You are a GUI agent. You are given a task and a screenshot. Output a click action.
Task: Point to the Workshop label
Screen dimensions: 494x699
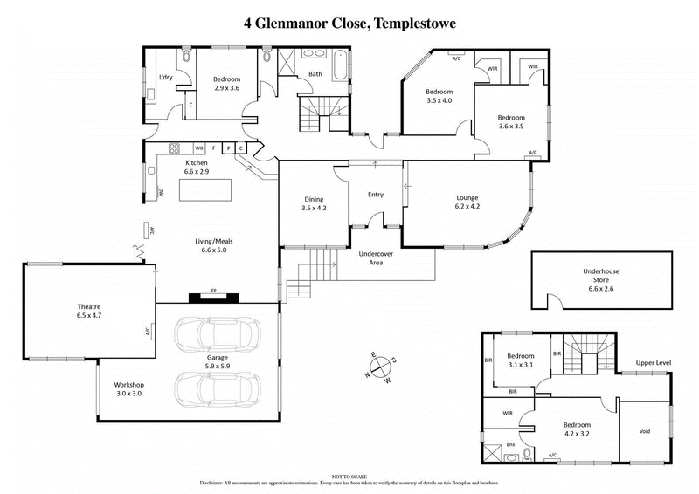pos(128,389)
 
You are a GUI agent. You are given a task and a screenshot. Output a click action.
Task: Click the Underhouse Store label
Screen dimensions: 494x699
pos(600,278)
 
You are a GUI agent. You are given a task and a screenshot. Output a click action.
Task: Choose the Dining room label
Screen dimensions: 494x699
pos(313,203)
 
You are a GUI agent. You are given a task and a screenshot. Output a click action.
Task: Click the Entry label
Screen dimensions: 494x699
pos(376,195)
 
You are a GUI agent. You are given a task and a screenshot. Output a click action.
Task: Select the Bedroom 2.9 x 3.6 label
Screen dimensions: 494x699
pos(225,84)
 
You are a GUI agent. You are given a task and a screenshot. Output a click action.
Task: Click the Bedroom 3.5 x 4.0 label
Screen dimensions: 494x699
pos(439,97)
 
